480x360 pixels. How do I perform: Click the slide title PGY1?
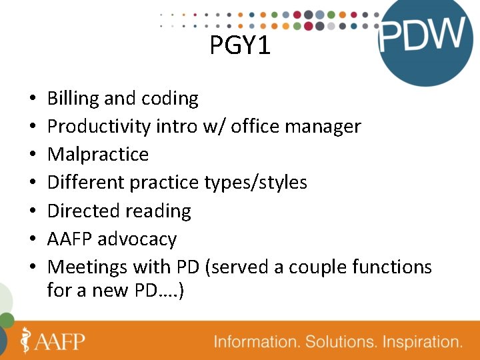240,45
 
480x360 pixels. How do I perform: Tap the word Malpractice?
98,155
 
